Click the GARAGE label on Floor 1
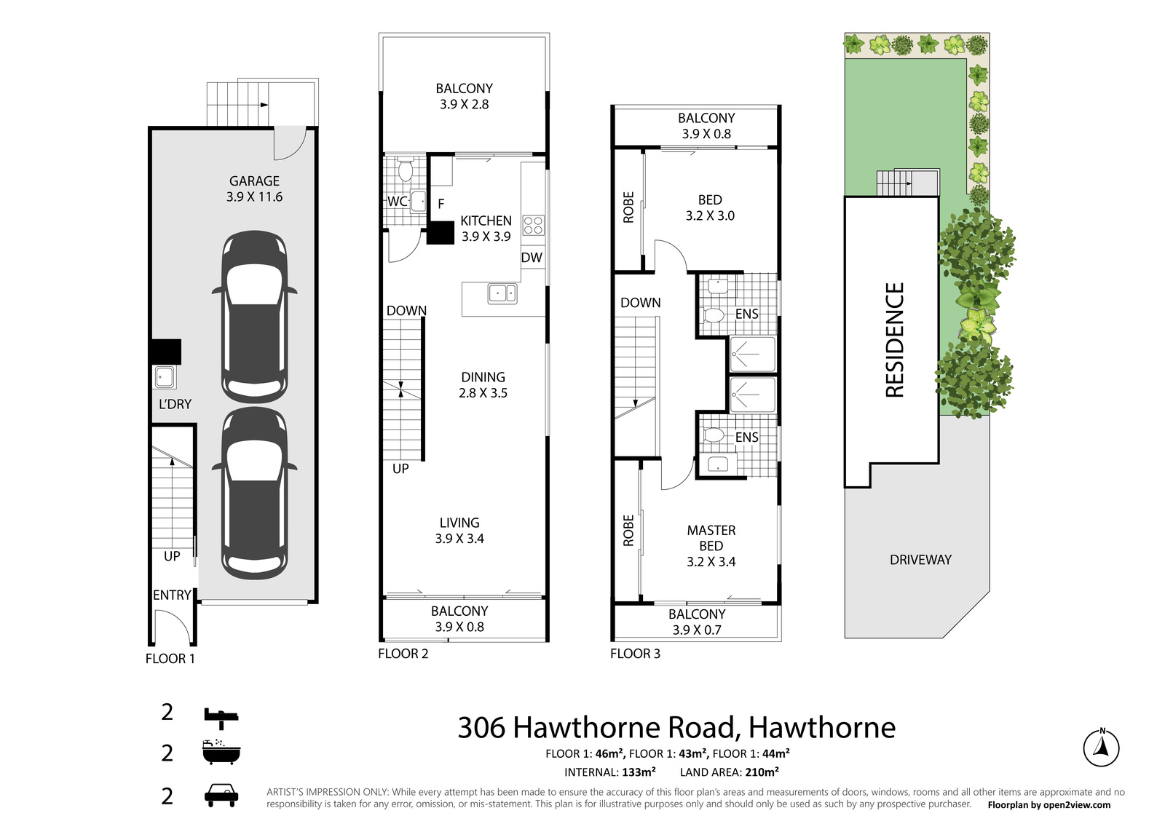pyautogui.click(x=254, y=181)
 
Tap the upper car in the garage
pyautogui.click(x=254, y=317)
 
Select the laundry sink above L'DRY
pyautogui.click(x=164, y=377)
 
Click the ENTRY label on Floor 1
pyautogui.click(x=172, y=595)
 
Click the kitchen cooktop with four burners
pyautogui.click(x=533, y=225)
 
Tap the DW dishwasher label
pyautogui.click(x=532, y=257)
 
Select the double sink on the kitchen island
pyautogui.click(x=502, y=293)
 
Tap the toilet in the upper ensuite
pyautogui.click(x=714, y=315)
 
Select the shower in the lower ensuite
pyautogui.click(x=753, y=395)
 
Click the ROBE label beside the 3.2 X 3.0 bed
pyautogui.click(x=628, y=207)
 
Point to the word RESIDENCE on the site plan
pyautogui.click(x=894, y=339)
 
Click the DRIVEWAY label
pyautogui.click(x=920, y=560)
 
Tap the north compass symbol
pyautogui.click(x=1101, y=748)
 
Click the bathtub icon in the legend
pyautogui.click(x=221, y=752)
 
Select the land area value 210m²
pyautogui.click(x=762, y=772)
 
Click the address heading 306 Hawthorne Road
pyautogui.click(x=676, y=727)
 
